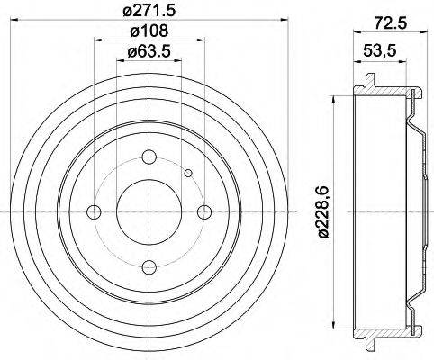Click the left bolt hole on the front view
94,212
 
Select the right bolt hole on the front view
205,212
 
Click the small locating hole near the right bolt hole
187,174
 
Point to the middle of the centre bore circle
149,212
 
